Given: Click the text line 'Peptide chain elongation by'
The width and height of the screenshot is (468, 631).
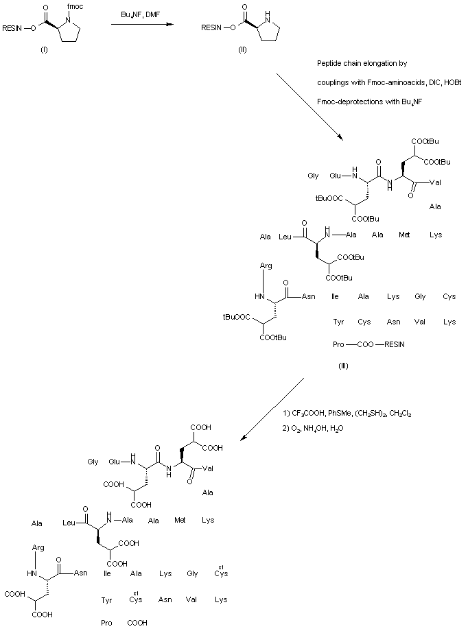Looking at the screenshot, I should click(x=362, y=64).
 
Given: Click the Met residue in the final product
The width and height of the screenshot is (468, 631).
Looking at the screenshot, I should click(x=180, y=521).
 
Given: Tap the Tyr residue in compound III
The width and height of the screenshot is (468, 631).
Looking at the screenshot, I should click(x=338, y=322).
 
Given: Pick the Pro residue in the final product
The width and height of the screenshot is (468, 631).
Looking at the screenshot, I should click(x=106, y=623).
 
